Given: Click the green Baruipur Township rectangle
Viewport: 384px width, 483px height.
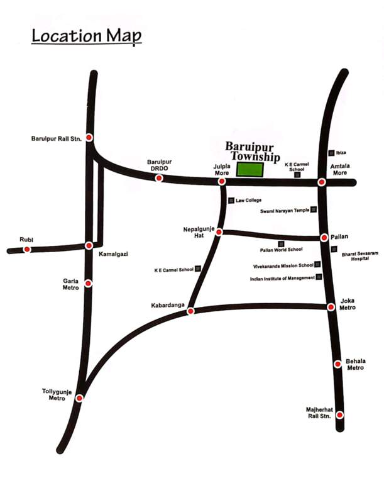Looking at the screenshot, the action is click(250, 169).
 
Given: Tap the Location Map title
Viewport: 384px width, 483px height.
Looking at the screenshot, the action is click(87, 35).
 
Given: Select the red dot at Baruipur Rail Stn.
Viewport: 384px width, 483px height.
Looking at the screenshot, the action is click(90, 138).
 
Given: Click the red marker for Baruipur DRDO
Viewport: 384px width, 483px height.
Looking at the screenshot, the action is click(159, 179).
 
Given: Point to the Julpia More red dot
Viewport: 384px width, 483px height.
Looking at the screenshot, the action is click(222, 182).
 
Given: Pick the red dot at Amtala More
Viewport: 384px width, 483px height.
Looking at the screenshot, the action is click(321, 182).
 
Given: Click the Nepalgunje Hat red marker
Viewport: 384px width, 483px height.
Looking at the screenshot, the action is click(219, 232).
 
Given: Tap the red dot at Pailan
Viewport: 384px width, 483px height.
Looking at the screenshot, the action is click(324, 238).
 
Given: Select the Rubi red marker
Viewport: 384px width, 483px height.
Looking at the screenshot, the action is click(27, 249).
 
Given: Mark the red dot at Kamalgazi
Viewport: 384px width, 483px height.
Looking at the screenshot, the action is click(89, 245).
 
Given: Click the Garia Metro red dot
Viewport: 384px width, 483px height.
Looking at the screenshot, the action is click(89, 284).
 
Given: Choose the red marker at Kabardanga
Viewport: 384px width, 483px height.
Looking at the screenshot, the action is click(191, 310).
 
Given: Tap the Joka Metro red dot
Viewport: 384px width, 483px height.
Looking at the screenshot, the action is click(331, 307).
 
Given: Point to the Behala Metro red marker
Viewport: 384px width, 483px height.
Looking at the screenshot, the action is click(337, 363).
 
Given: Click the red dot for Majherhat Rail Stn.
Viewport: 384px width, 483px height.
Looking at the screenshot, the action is click(339, 415).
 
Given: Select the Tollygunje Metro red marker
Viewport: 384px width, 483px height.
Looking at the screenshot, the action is click(79, 397).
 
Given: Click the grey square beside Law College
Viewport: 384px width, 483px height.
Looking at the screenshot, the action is click(231, 201).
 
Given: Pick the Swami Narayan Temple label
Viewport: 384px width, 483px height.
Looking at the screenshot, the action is click(285, 211).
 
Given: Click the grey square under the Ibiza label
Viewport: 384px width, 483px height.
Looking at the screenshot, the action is click(331, 153).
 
